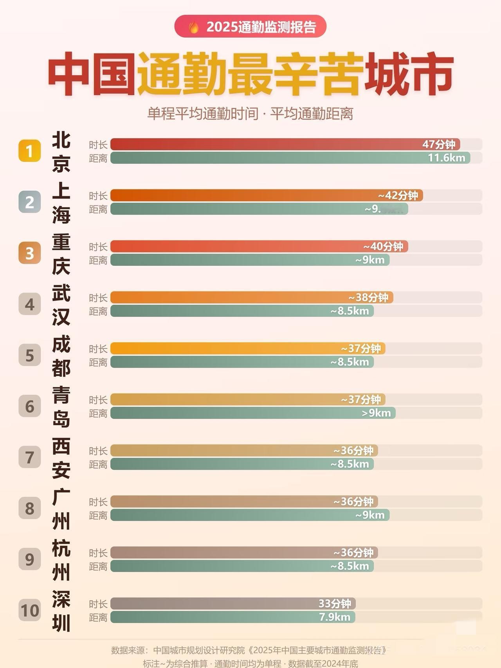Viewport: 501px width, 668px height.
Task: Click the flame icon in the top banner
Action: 193,27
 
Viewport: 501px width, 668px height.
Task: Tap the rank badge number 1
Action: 29,151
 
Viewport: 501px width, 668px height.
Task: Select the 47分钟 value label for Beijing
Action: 438,144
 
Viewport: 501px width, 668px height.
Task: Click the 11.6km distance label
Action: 446,158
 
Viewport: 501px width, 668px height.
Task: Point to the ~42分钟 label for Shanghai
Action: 398,195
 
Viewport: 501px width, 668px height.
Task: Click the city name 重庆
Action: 61,253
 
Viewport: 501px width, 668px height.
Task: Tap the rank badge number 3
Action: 29,253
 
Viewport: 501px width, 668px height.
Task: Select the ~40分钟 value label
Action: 383,246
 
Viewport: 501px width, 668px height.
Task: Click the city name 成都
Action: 61,356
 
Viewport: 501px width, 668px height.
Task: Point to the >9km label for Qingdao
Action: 376,413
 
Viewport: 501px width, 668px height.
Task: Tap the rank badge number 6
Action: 29,406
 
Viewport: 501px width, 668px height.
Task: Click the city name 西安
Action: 61,457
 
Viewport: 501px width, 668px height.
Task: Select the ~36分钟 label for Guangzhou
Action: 353,502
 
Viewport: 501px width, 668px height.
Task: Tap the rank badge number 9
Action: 29,559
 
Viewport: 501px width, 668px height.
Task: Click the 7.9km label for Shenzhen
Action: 335,617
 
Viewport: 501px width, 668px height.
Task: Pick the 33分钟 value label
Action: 335,603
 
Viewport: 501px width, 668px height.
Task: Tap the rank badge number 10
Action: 29,610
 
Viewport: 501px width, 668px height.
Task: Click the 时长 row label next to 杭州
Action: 98,553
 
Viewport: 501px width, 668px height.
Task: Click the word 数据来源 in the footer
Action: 128,650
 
